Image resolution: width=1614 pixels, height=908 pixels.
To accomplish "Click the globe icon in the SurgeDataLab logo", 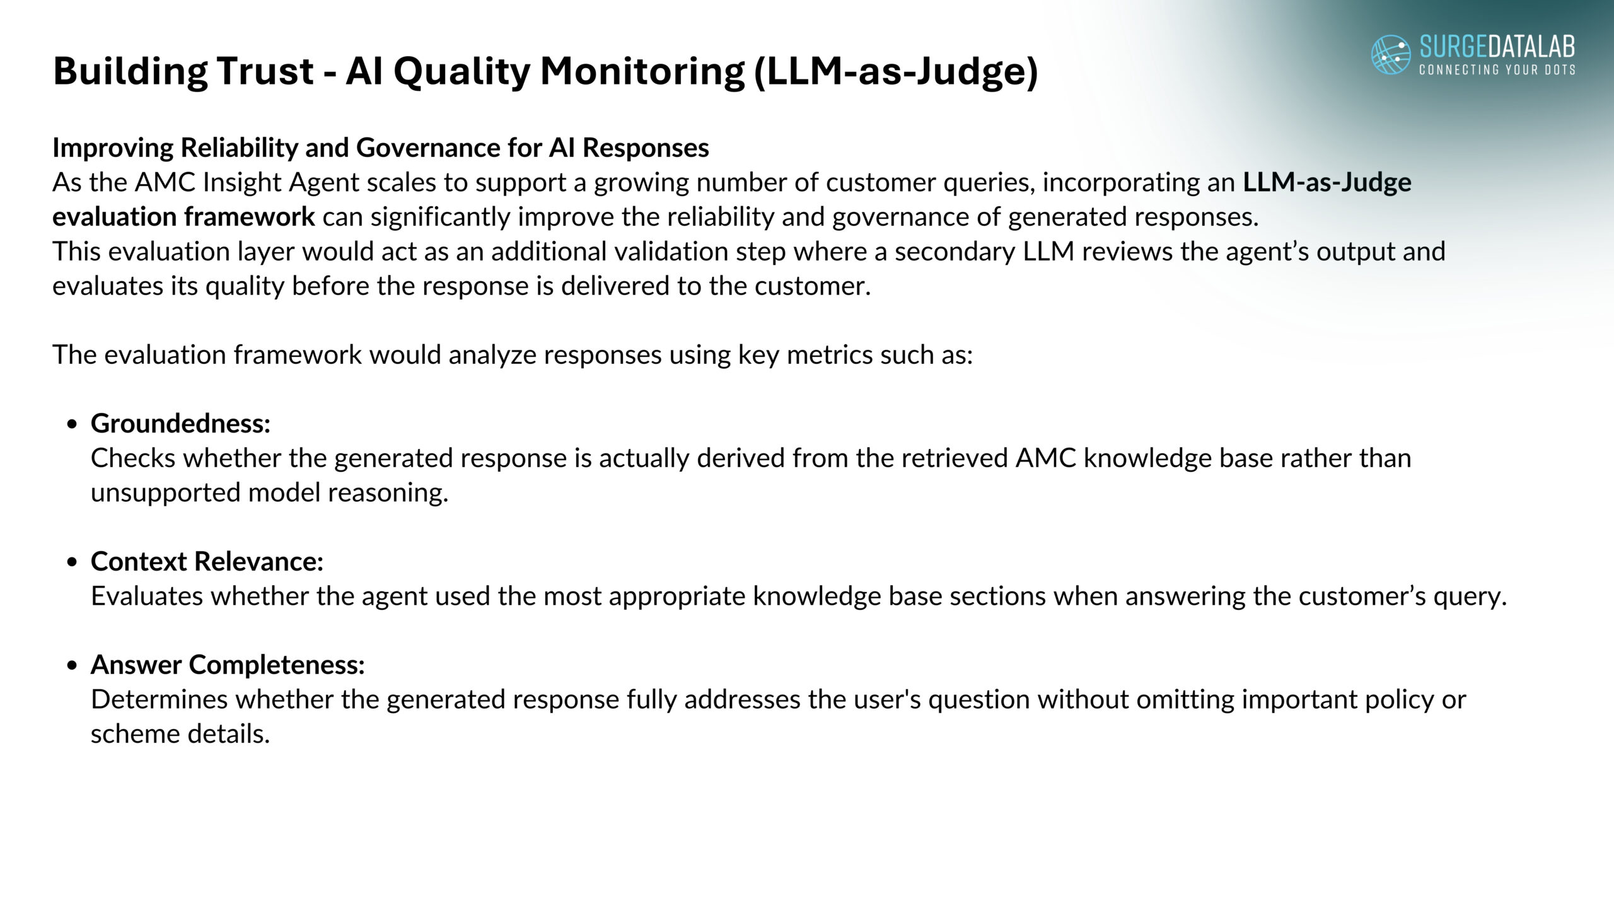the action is point(1391,54).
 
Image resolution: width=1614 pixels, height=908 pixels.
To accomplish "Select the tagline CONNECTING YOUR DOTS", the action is point(1497,69).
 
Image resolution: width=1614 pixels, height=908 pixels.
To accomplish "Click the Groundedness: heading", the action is point(180,423).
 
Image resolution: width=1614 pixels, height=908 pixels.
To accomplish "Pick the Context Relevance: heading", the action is point(207,561).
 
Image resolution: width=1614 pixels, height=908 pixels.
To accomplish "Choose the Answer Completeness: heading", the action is point(228,665).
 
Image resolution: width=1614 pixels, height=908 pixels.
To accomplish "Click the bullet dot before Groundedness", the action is point(73,425).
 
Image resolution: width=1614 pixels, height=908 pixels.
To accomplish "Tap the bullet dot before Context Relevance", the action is point(73,562).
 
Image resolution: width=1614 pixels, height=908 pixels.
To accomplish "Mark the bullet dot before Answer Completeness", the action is point(73,666).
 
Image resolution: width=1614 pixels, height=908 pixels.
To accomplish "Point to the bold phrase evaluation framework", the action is point(183,217).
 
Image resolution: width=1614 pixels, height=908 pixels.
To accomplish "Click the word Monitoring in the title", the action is point(642,72).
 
